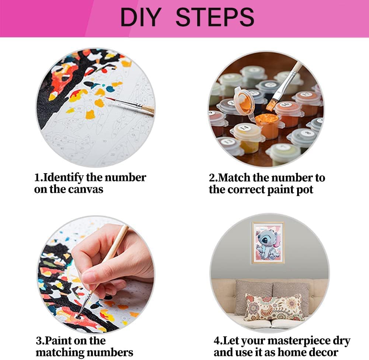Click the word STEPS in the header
pyautogui.click(x=215, y=17)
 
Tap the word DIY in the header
pyautogui.click(x=141, y=17)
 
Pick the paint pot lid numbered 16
pyautogui.click(x=286, y=105)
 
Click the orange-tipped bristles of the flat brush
pyautogui.click(x=271, y=105)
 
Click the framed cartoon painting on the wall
pyautogui.click(x=268, y=242)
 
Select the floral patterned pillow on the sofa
pyautogui.click(x=274, y=307)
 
